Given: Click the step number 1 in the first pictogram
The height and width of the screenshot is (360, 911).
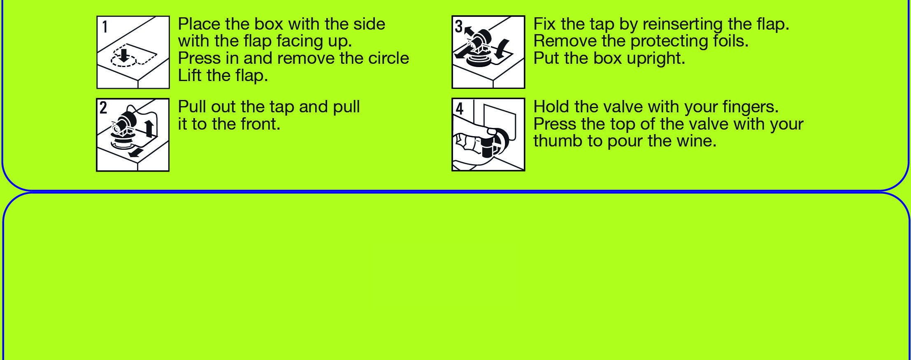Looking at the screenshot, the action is click(105, 27).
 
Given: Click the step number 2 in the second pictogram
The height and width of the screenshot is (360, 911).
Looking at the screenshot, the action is click(103, 108).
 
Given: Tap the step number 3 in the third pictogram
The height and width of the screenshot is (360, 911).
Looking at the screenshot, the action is click(459, 26).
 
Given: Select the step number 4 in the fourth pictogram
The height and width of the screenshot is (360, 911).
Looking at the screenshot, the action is click(460, 108).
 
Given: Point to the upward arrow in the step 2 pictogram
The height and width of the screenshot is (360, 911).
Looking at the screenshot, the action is click(149, 128).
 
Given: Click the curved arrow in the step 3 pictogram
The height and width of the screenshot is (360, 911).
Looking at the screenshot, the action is click(503, 49).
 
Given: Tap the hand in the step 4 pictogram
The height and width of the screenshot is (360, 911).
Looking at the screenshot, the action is click(473, 144).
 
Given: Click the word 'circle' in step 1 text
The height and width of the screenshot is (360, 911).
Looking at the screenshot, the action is click(389, 58).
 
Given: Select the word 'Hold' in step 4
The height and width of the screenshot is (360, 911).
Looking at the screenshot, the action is click(551, 107).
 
